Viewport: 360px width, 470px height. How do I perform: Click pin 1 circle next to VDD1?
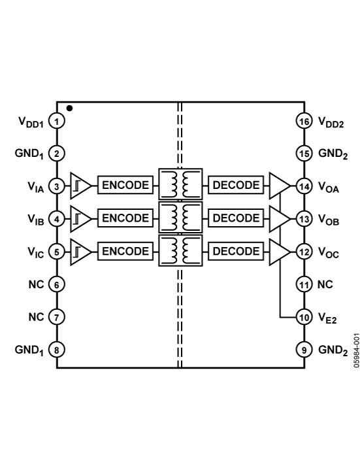tap(57, 122)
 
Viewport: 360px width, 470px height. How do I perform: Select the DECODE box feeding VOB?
tap(236, 218)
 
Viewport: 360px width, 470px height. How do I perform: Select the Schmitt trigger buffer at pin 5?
tap(80, 251)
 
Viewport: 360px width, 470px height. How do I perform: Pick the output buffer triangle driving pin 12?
tap(279, 251)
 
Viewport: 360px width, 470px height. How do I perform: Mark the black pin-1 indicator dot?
tap(69, 109)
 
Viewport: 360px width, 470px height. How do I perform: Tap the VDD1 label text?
tap(30, 122)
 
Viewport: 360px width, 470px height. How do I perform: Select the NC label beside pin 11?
tap(325, 284)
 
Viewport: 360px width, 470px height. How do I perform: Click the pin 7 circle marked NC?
tap(57, 317)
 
